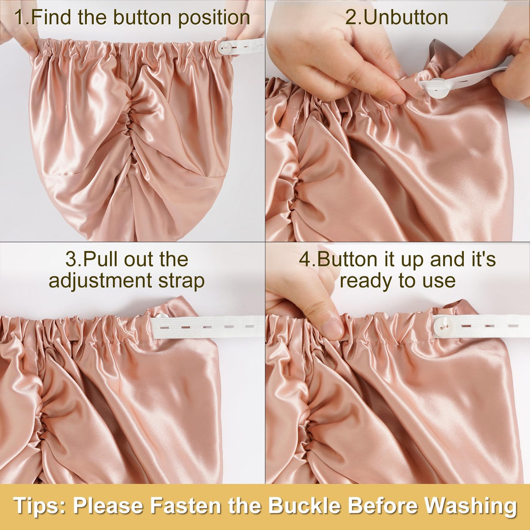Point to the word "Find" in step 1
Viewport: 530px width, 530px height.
52,17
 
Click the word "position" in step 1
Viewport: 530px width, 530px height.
214,18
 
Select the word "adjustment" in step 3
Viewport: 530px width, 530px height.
100,281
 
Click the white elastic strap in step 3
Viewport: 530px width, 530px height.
208,327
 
